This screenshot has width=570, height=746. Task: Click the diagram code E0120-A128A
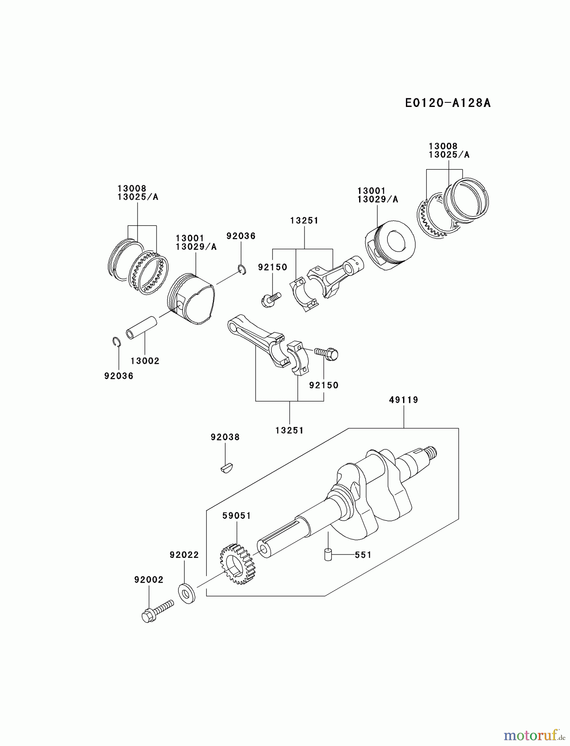(447, 103)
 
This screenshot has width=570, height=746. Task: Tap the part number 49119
(403, 400)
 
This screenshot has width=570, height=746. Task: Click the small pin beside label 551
(328, 554)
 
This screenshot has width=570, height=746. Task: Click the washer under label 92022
(187, 593)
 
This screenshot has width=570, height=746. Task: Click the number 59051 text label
(237, 516)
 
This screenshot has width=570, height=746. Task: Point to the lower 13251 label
(289, 430)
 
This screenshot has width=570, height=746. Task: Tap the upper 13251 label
(304, 220)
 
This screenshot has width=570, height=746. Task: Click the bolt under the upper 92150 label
(271, 299)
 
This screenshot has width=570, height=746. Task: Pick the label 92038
(225, 437)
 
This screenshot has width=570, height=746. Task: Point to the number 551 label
(363, 555)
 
